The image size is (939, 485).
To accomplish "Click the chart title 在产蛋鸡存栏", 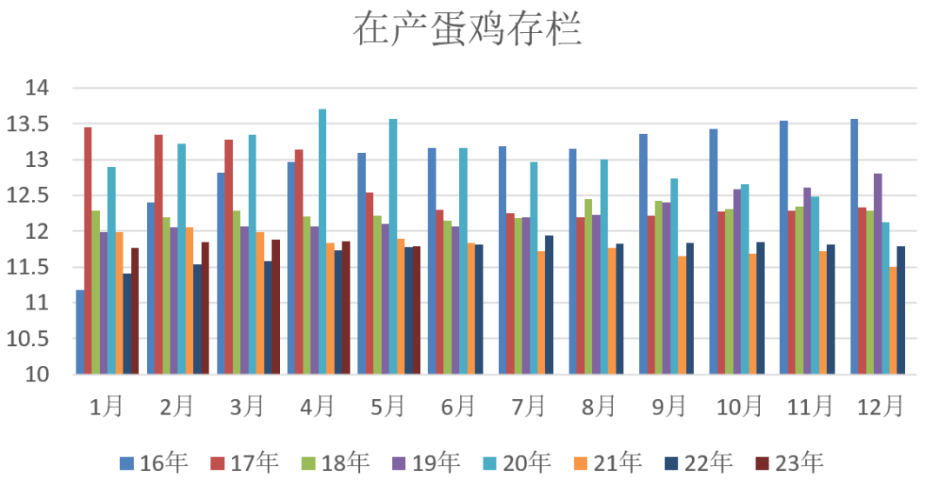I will (x=467, y=30).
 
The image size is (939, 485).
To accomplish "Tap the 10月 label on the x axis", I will (x=739, y=406).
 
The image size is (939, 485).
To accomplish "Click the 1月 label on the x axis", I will (x=106, y=406).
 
